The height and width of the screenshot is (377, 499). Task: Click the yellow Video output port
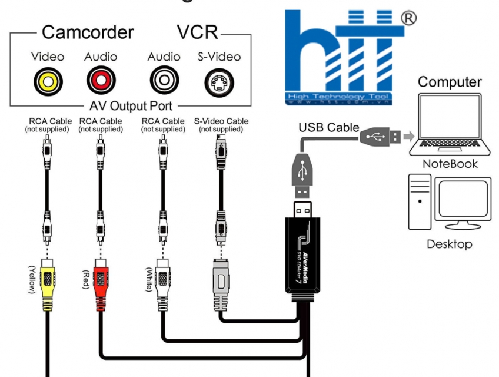pos(44,81)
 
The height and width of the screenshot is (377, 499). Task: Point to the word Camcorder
pos(88,32)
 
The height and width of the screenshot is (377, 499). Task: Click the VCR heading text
pos(197,32)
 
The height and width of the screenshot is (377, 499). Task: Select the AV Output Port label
pos(131,107)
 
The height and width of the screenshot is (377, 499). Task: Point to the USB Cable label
pos(328,127)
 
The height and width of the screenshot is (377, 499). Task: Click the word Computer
pos(450,82)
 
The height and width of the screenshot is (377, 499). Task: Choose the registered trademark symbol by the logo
pos(408,18)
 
